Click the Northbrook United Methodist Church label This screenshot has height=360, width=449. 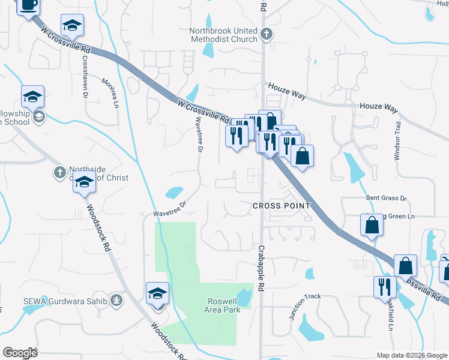pyautogui.click(x=223, y=35)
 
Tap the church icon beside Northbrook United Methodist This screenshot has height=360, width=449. pyautogui.click(x=268, y=34)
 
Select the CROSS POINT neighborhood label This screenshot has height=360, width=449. pyautogui.click(x=281, y=205)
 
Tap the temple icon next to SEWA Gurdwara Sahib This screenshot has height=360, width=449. pyautogui.click(x=117, y=299)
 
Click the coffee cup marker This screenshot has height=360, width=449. pyautogui.click(x=28, y=5)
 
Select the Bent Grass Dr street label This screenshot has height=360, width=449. pyautogui.click(x=387, y=197)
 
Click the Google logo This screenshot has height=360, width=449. pyautogui.click(x=20, y=352)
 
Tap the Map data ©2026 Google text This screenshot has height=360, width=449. pyautogui.click(x=411, y=355)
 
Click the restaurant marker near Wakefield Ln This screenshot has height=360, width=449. pyautogui.click(x=385, y=286)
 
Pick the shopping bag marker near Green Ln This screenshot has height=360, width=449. pyautogui.click(x=372, y=225)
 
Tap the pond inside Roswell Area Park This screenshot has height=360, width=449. pyautogui.click(x=245, y=296)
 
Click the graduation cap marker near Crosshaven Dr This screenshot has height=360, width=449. pyautogui.click(x=72, y=26)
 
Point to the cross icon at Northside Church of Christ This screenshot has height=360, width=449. pyautogui.click(x=59, y=173)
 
